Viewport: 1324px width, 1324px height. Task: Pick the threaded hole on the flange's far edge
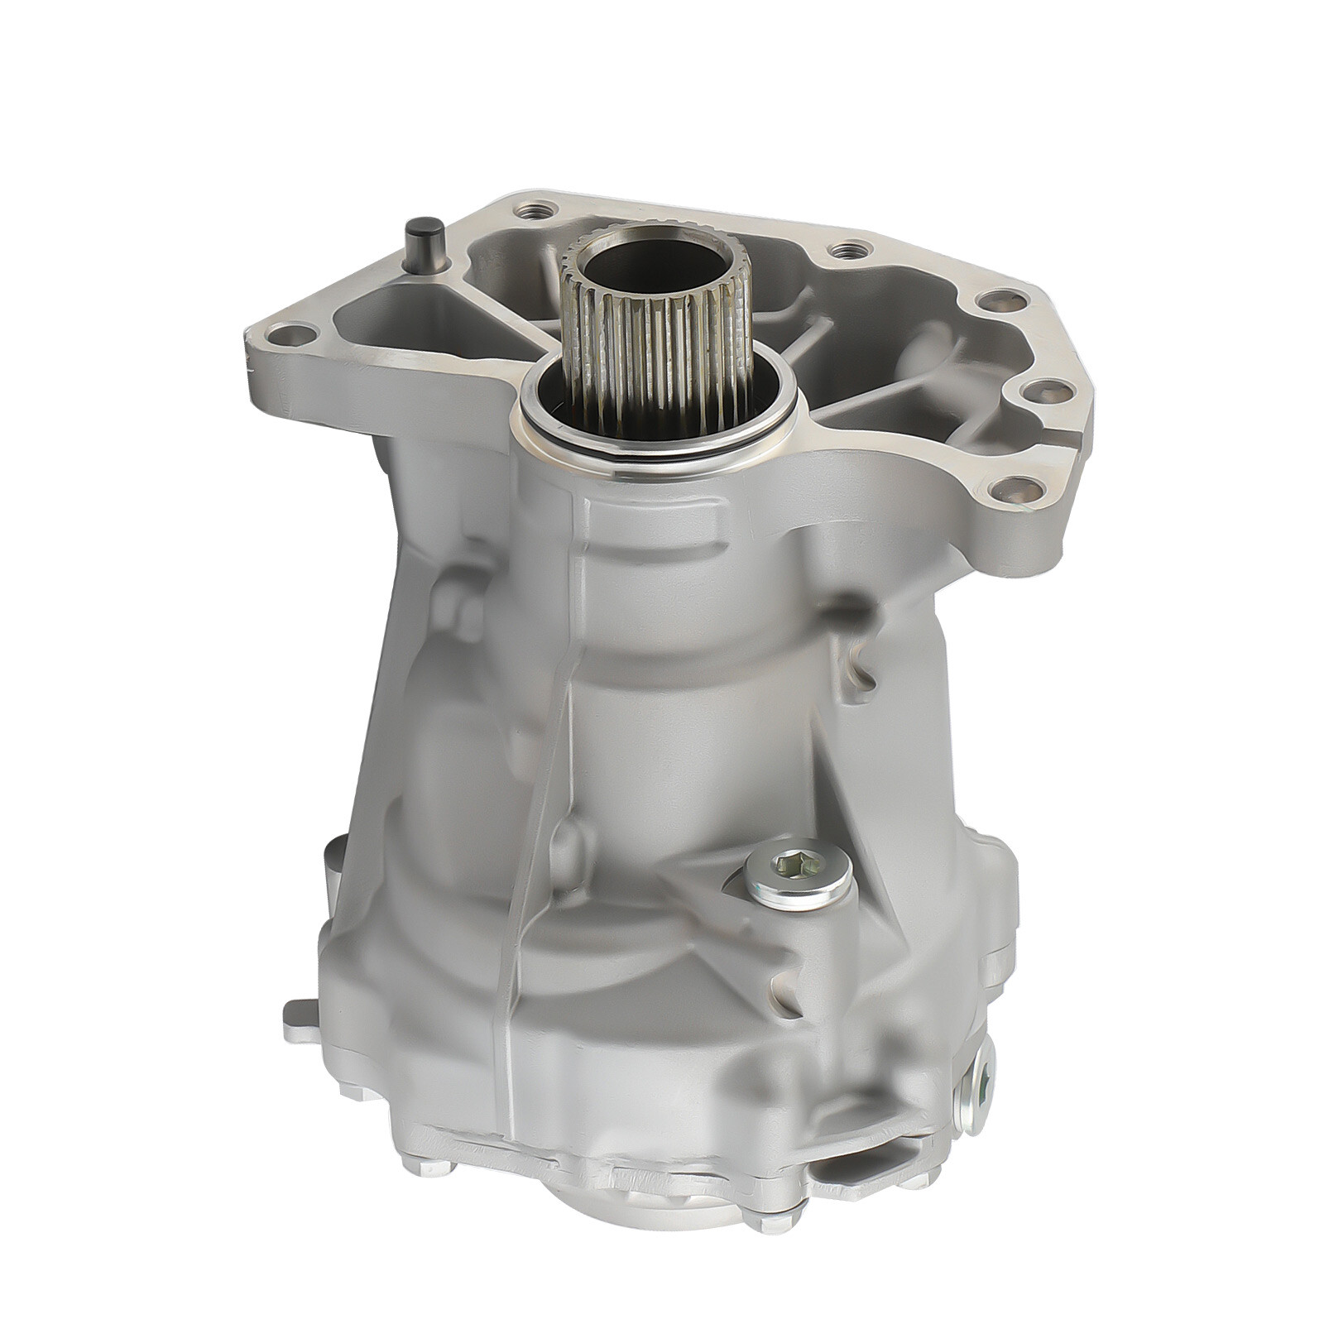(844, 247)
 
